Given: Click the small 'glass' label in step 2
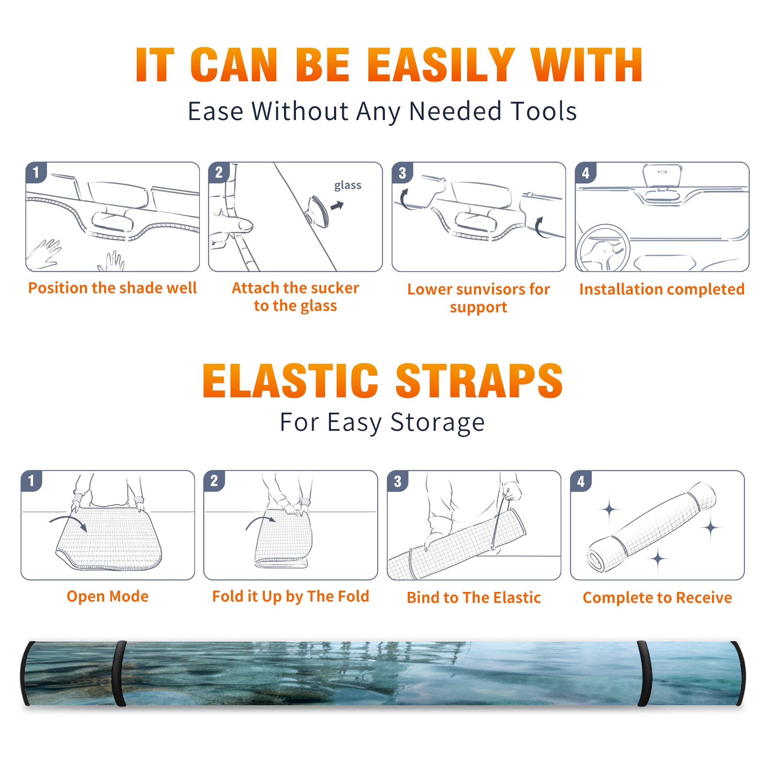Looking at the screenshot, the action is pyautogui.click(x=348, y=186).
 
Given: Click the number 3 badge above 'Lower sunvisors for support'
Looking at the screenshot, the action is pyautogui.click(x=402, y=173).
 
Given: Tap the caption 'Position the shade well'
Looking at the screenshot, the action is pyautogui.click(x=112, y=288).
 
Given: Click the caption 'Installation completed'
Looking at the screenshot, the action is pyautogui.click(x=662, y=289).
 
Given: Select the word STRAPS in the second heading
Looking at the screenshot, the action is pyautogui.click(x=479, y=381).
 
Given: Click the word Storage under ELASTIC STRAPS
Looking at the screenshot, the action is pyautogui.click(x=437, y=423).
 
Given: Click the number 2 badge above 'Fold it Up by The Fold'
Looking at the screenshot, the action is pyautogui.click(x=214, y=481).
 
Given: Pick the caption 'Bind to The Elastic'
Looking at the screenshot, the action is pyautogui.click(x=473, y=598).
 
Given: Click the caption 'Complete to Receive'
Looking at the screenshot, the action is pyautogui.click(x=657, y=598).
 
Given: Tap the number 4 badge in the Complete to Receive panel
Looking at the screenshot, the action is pyautogui.click(x=581, y=481).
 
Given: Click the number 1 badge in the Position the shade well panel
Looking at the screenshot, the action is pyautogui.click(x=36, y=172).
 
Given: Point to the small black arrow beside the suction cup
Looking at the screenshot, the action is pyautogui.click(x=337, y=206).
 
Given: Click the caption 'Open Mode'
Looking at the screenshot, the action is pyautogui.click(x=108, y=596).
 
